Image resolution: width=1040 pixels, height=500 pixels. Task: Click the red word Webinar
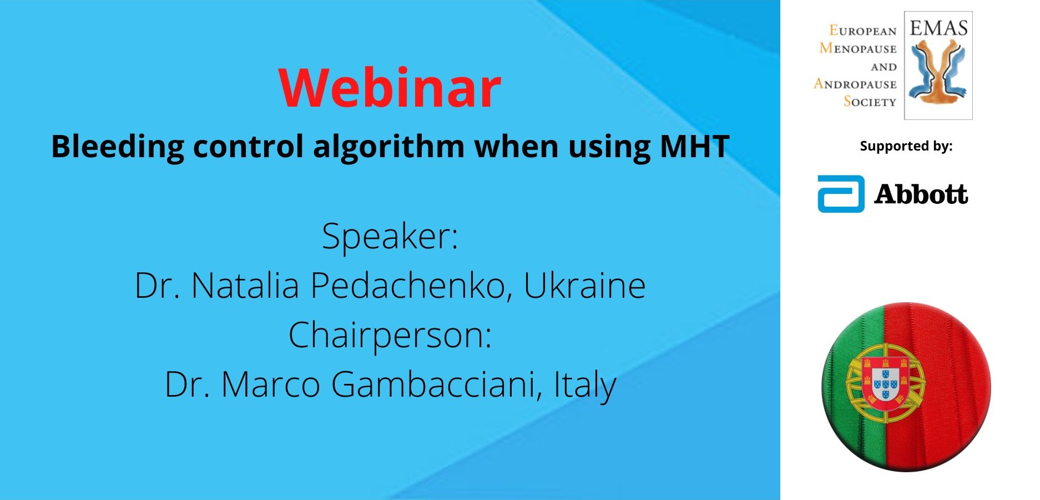[390, 87]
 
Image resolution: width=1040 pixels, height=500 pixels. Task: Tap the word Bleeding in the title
[117, 147]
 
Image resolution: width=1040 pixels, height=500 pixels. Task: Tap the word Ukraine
[585, 286]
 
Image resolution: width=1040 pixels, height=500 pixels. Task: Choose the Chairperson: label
[390, 336]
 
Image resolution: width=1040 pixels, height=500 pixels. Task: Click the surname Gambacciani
[437, 384]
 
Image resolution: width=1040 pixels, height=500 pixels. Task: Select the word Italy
[585, 385]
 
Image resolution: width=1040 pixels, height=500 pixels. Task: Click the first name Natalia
[245, 286]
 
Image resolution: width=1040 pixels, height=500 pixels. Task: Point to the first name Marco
[271, 384]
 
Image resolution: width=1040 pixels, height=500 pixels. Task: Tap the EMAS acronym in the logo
[938, 28]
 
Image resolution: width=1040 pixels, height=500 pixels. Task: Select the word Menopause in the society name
[858, 48]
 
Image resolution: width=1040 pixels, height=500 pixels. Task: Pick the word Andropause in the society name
[855, 84]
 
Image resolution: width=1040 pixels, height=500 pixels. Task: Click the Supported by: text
[906, 146]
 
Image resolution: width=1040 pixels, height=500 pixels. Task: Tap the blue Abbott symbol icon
[841, 194]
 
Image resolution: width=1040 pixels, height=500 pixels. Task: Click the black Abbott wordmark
[921, 194]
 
